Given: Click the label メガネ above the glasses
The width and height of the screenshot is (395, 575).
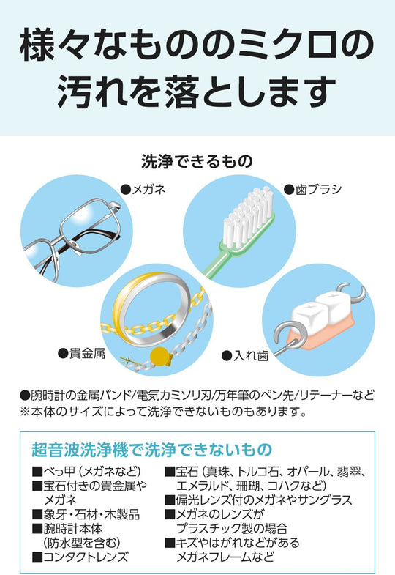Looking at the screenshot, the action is point(148,189).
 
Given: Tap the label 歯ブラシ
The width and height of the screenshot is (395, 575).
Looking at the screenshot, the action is point(318,189).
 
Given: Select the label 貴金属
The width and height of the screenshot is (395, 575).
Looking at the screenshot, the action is point(87,353).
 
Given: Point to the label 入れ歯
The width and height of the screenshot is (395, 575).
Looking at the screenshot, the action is point(251,355).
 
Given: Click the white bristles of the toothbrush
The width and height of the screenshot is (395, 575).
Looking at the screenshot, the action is point(247,212).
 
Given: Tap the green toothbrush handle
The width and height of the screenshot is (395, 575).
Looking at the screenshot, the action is point(219,256).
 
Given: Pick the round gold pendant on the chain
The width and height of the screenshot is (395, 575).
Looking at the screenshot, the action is point(160,356).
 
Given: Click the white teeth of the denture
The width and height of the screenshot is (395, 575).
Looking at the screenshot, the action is point(317,311).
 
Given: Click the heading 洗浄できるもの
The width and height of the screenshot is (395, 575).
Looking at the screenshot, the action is point(197,161).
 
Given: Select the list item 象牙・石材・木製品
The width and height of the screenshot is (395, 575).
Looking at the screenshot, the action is point(91,514).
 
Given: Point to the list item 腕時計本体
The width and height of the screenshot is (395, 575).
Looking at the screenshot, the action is point(73,528).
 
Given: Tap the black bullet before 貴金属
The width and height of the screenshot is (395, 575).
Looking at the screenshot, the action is point(64,353).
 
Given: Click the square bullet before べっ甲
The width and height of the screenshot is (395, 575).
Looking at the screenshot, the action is point(37,471).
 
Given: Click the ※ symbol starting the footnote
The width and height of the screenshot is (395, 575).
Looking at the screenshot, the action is point(25,412).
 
